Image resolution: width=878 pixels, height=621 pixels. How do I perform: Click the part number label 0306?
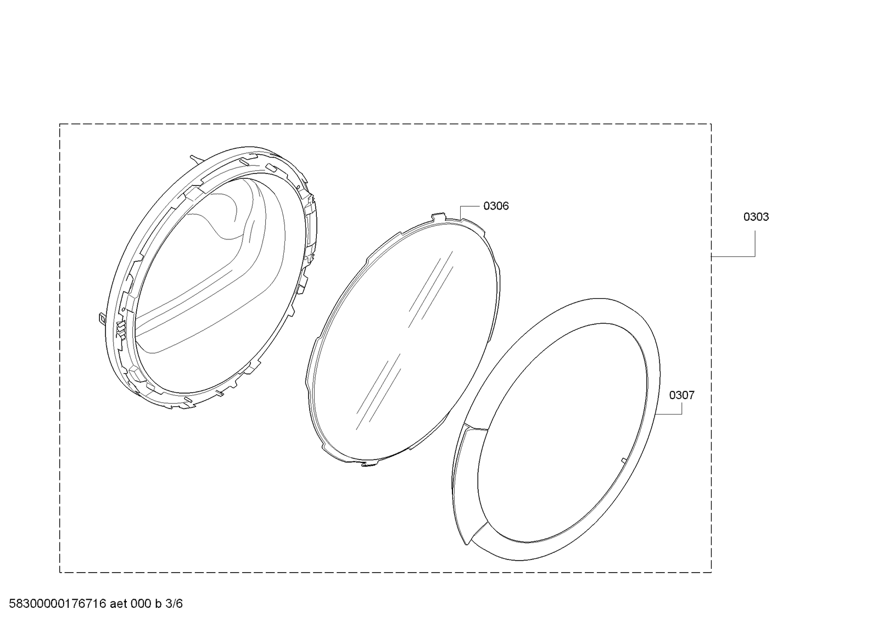point(496,206)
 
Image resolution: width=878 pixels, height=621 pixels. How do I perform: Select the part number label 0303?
point(756,217)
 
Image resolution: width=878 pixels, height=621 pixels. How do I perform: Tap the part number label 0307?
point(681,395)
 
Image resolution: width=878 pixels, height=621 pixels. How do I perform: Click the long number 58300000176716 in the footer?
point(58,603)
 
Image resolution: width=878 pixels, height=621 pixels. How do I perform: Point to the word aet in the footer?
point(119,603)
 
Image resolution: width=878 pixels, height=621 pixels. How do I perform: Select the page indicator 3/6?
point(174,603)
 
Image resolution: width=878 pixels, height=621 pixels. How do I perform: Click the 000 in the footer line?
point(141,603)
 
